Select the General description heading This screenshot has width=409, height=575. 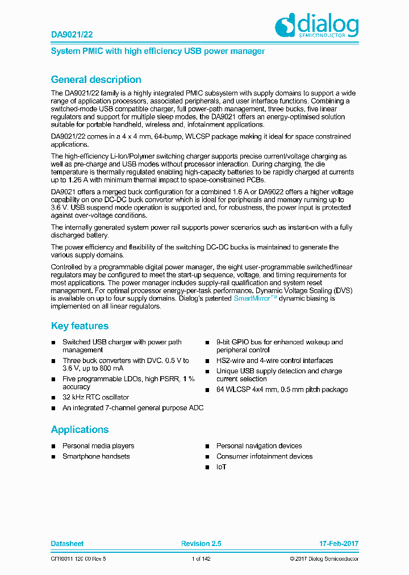click(x=96, y=80)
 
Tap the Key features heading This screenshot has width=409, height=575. click(x=80, y=326)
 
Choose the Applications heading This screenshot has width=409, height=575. click(x=80, y=430)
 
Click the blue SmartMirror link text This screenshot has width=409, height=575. click(x=255, y=298)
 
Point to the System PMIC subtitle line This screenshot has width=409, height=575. click(x=158, y=51)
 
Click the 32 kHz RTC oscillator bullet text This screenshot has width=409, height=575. click(x=95, y=397)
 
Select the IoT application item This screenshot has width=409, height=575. click(x=221, y=466)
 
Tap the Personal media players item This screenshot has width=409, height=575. click(x=98, y=446)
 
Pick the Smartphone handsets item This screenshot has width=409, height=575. click(x=96, y=456)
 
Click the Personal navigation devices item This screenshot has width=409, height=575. click(x=259, y=446)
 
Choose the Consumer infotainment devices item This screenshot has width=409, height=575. click(x=264, y=456)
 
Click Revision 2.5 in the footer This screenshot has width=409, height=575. click(x=201, y=544)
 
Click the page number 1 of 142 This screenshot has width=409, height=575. click(x=201, y=559)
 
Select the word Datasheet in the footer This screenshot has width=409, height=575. click(x=67, y=544)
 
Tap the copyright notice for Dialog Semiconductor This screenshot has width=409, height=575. click(x=324, y=559)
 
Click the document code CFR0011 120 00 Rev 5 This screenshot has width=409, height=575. click(x=78, y=559)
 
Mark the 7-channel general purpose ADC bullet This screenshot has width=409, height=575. click(x=132, y=408)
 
